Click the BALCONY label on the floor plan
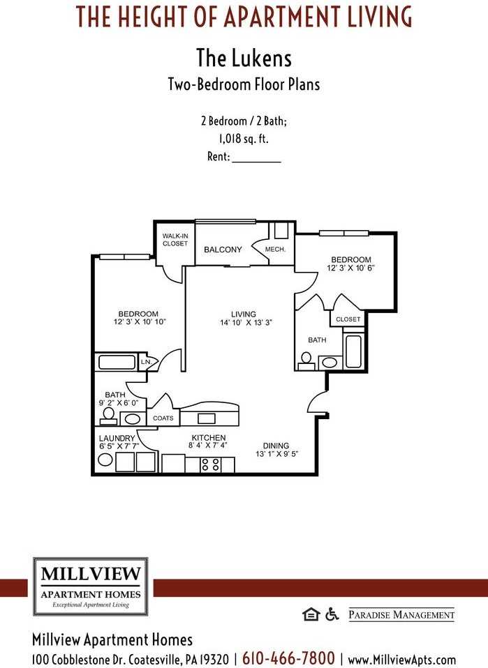coord(223,250)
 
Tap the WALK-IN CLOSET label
coord(175,240)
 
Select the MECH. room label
coord(275,250)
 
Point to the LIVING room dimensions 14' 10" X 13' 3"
coord(244,323)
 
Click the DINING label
coord(276,446)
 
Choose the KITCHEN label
coord(209,438)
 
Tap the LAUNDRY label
coord(117,438)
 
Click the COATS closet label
coord(163,418)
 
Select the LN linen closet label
coord(145,363)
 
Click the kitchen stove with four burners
coord(211,464)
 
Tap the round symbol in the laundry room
coord(105,460)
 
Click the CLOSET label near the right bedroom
coord(348,319)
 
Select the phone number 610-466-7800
coord(288,658)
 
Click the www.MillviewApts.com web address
coord(401,659)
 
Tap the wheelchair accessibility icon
coord(332,614)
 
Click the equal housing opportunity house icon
coord(310,614)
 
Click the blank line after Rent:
coord(256,158)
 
